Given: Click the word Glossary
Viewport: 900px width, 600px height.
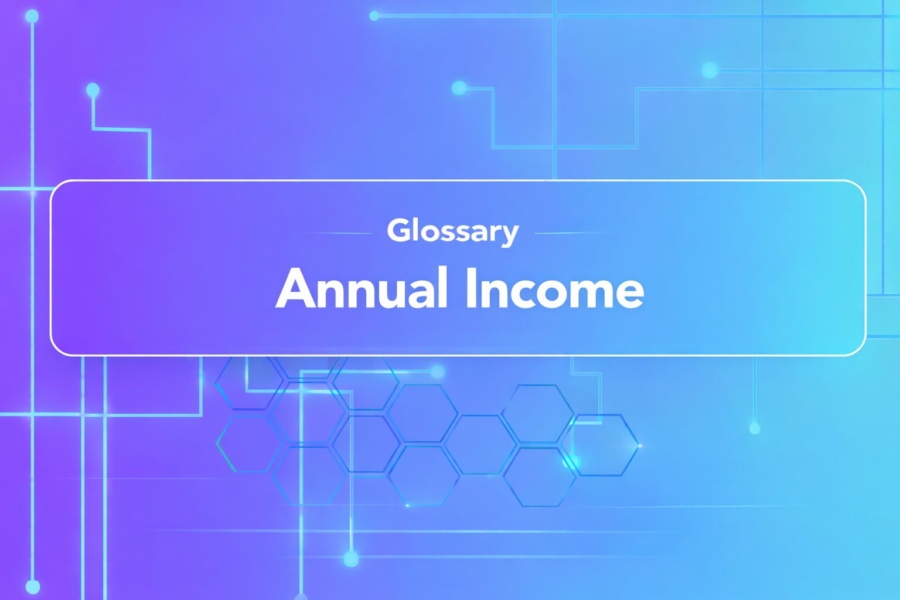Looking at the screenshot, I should click(452, 231).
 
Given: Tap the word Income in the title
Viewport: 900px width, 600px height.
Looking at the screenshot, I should click(554, 288).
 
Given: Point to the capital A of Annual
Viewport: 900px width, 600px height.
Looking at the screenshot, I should click(298, 288).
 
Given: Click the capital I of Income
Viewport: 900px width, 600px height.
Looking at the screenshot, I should click(471, 288).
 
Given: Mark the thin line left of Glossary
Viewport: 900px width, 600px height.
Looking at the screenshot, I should click(334, 233).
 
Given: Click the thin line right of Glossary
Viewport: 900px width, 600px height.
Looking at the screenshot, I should click(574, 233).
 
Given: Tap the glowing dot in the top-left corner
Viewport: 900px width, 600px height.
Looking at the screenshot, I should click(32, 16).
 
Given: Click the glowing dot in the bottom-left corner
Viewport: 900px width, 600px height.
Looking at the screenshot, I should click(33, 586).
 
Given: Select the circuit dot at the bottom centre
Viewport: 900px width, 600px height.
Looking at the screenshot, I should click(351, 558).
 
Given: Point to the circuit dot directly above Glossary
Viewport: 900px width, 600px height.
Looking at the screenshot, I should click(459, 88).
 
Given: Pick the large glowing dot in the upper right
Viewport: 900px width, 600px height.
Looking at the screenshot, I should click(710, 70).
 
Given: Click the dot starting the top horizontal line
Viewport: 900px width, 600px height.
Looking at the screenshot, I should click(374, 16).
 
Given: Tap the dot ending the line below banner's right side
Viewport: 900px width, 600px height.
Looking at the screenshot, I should click(755, 429).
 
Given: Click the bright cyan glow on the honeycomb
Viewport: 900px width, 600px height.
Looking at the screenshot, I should click(571, 462).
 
